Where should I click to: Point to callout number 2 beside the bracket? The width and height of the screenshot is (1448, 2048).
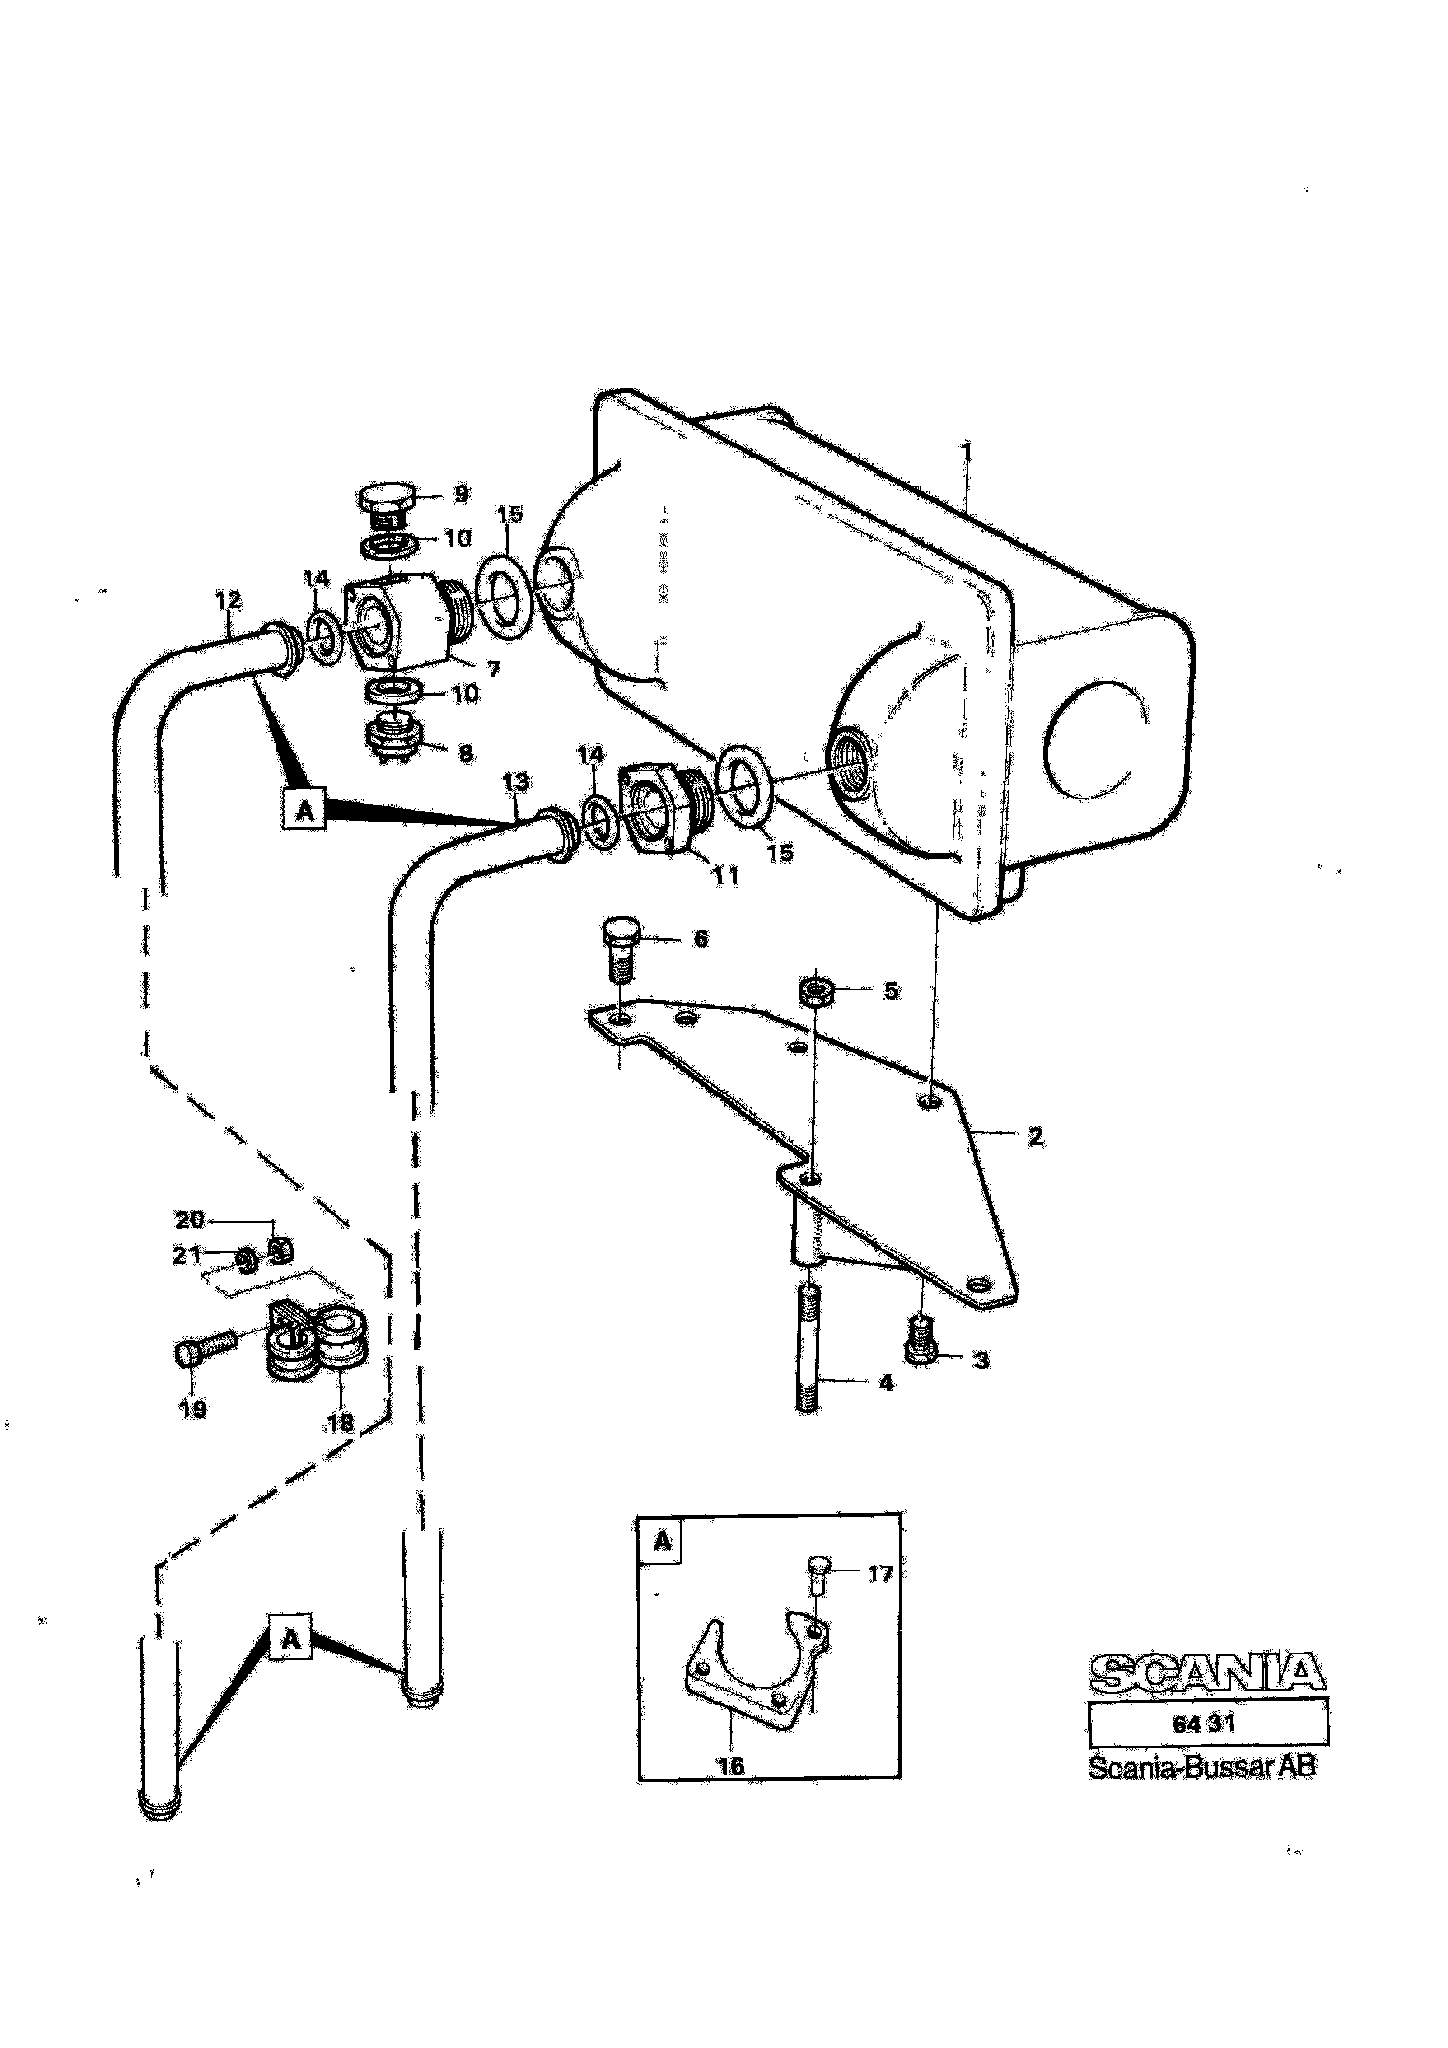point(1035,1136)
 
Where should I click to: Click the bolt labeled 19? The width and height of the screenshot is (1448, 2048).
point(206,1351)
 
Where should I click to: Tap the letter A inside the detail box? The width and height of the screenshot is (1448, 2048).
point(662,1541)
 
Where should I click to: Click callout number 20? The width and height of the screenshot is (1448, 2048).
point(188,1219)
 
